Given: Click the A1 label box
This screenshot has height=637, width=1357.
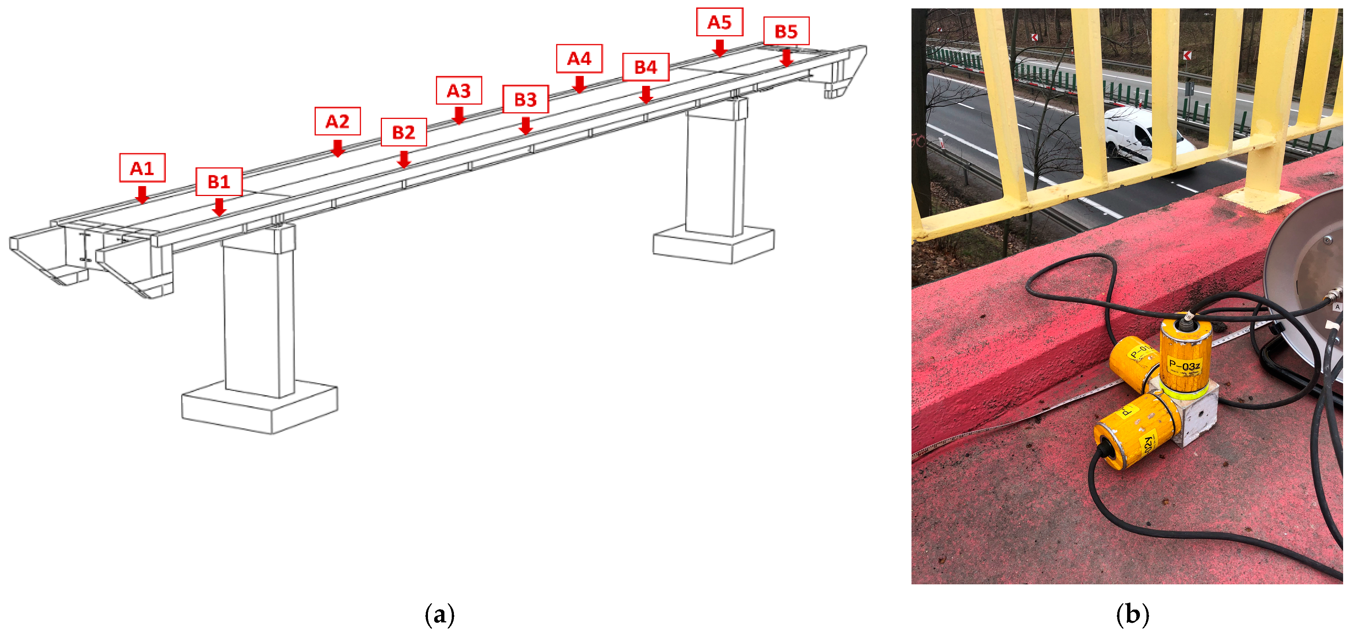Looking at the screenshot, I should (x=142, y=167).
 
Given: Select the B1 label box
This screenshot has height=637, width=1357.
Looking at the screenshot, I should (x=219, y=181).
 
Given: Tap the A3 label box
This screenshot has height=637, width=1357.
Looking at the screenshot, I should (x=458, y=90).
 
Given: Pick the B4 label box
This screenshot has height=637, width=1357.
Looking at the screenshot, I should (x=645, y=67).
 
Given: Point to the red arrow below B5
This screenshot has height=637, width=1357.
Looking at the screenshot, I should (x=786, y=57).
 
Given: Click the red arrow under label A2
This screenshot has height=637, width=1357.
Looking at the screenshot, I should (x=338, y=148).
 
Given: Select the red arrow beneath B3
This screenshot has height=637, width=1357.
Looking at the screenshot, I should (x=525, y=126).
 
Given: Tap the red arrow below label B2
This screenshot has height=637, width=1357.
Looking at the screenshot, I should (x=403, y=159).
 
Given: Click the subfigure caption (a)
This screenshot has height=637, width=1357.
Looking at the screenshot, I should (x=439, y=614).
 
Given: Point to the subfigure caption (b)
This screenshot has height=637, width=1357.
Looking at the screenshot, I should (x=1132, y=614).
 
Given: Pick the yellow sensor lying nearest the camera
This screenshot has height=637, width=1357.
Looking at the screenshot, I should (x=1133, y=435).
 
